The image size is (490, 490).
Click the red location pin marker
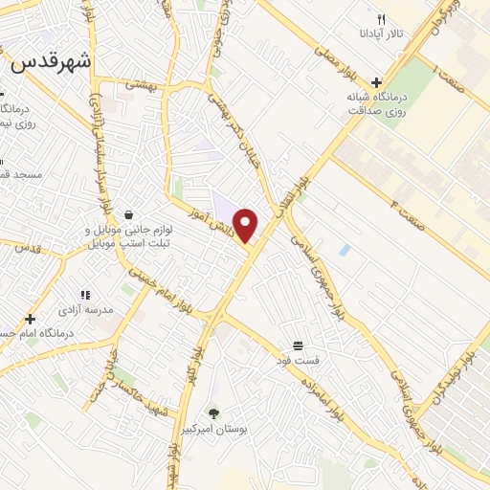tap(246, 225)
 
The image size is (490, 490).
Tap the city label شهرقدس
tap(52, 63)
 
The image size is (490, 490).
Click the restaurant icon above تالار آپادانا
tap(381, 19)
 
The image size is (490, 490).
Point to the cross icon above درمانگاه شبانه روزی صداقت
tap(378, 82)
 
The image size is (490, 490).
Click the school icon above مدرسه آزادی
tap(84, 295)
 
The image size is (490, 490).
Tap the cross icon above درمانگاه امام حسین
tap(30, 319)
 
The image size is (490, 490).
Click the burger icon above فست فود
tap(299, 345)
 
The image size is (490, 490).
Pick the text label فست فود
tap(299, 361)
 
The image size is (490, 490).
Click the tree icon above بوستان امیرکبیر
tap(212, 413)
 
